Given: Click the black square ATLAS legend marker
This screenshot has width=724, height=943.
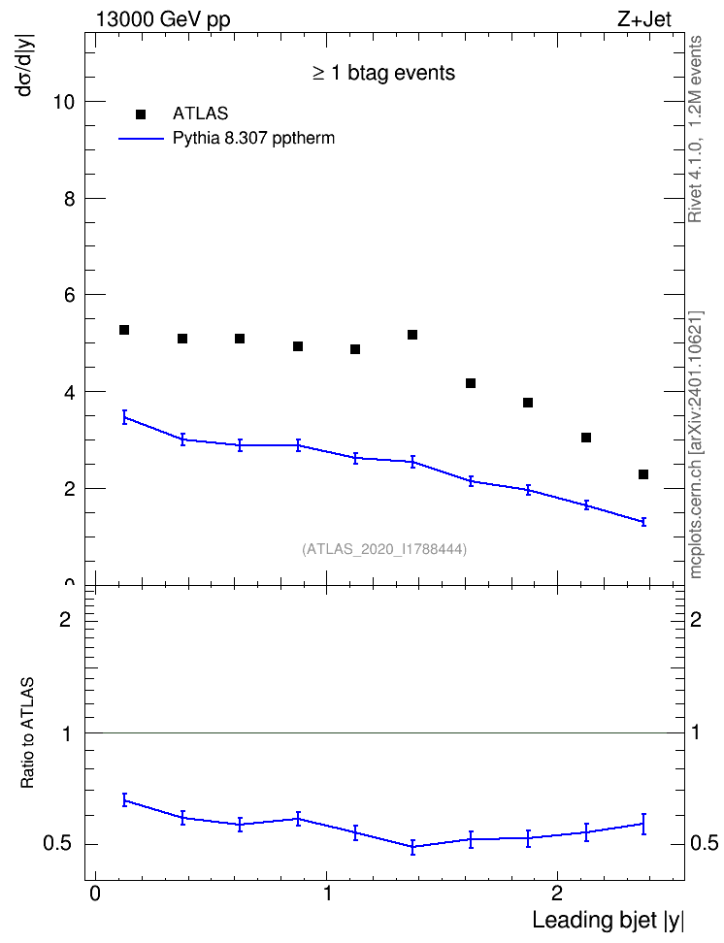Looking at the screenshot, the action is point(140,114).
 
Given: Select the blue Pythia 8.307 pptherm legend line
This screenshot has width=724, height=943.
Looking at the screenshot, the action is point(141,139).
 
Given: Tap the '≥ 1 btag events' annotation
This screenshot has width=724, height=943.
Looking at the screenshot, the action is point(383,73).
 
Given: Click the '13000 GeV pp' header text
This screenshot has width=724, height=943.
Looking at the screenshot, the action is point(163,19).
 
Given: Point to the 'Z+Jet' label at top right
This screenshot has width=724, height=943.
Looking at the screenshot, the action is point(644,19).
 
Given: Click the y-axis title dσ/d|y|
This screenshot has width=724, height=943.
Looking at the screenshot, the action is point(26,65).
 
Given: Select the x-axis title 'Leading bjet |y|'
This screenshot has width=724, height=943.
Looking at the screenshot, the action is point(608,920).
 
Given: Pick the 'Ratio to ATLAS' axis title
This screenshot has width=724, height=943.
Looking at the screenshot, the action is point(27,732).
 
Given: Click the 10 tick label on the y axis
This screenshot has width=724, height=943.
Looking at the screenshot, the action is point(64,102).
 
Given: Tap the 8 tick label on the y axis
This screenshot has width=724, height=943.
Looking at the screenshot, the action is point(70,199).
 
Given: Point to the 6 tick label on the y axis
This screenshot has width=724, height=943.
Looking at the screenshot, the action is point(70,295).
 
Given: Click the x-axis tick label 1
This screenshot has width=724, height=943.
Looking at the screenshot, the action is point(327,894).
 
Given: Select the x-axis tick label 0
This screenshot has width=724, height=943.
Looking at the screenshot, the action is point(95,894).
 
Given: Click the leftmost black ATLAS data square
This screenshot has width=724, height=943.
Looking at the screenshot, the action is point(124,330).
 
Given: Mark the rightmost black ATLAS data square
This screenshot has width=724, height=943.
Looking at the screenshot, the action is point(643,474).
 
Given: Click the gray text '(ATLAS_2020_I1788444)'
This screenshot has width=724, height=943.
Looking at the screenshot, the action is point(384,548).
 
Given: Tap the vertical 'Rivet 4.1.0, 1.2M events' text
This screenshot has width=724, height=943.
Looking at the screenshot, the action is point(695,129).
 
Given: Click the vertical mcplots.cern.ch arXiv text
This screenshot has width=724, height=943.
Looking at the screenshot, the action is point(696,444).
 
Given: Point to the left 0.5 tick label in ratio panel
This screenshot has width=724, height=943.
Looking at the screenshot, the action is point(58,843).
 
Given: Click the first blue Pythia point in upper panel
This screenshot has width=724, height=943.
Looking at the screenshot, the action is point(124,417).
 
